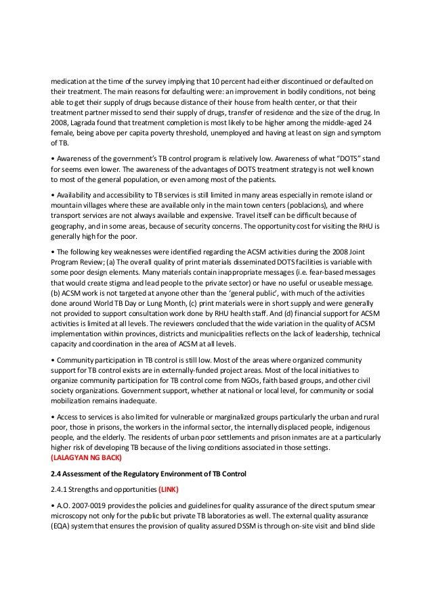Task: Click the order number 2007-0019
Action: click(85, 506)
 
